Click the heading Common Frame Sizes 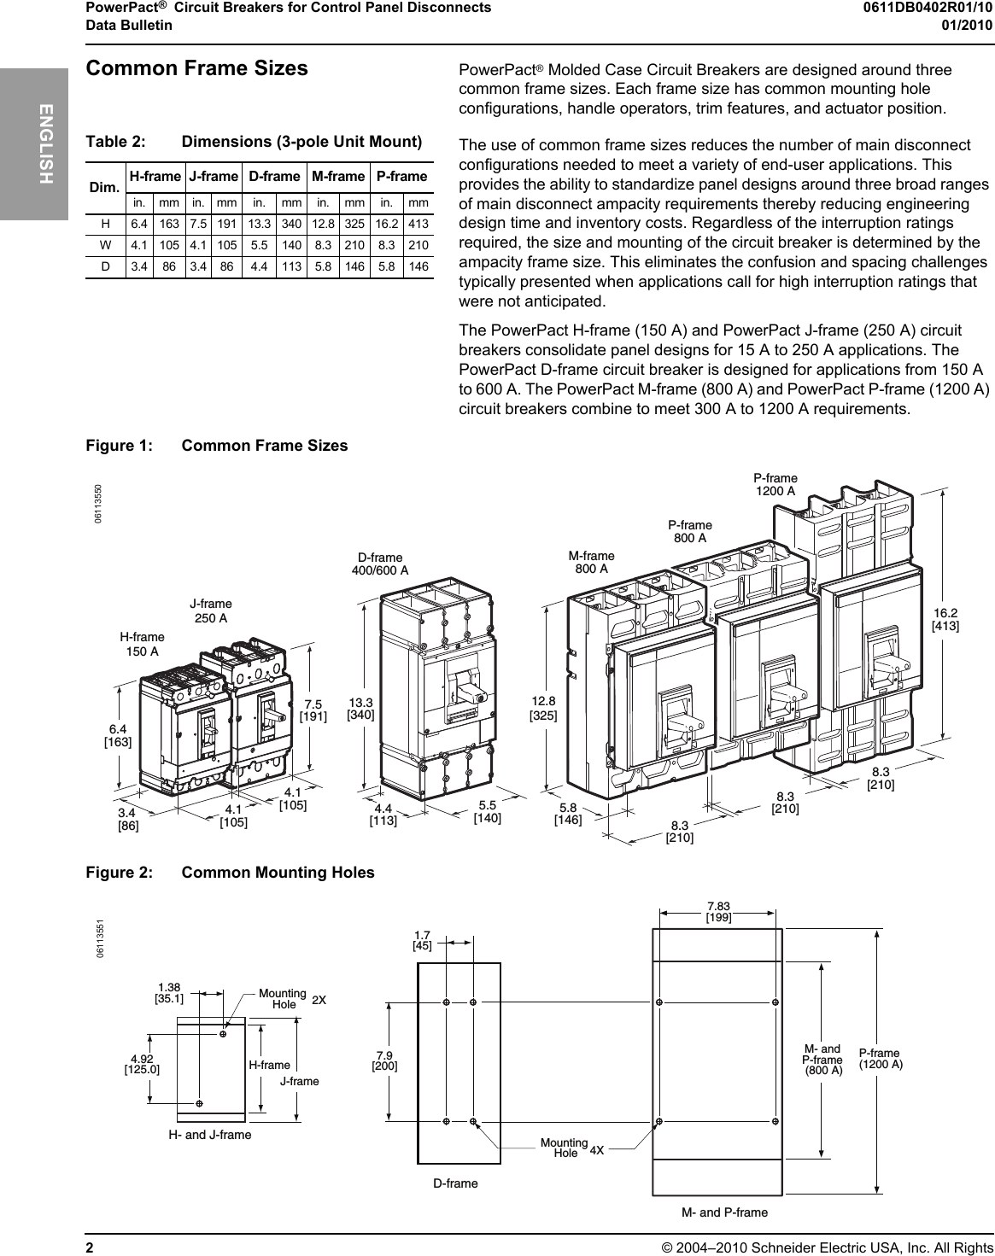point(197,68)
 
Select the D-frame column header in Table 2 point(274,177)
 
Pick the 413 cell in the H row point(418,224)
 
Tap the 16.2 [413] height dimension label point(945,619)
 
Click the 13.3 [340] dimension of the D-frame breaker point(360,708)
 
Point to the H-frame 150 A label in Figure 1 point(142,644)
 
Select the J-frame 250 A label point(211,610)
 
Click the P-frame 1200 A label point(775,484)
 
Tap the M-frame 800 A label point(591,562)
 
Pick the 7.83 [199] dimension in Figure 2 point(718,912)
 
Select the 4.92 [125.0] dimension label point(142,1063)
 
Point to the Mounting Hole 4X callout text point(571,1148)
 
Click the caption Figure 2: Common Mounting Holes point(230,873)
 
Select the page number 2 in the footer point(89,1243)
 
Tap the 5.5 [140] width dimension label point(488,811)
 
